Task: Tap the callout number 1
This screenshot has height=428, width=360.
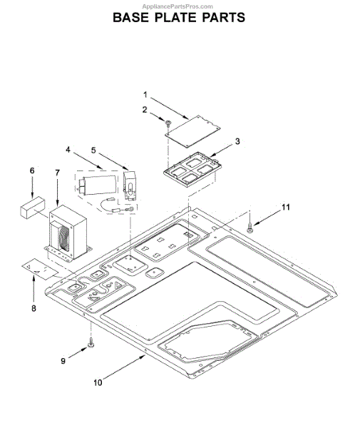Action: coord(145,95)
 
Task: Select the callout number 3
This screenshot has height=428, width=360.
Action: coord(237,141)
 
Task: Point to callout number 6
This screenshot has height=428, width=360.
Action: coord(32,170)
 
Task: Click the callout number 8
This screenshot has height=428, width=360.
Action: coord(34,308)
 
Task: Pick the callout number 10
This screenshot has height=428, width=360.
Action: coord(98,382)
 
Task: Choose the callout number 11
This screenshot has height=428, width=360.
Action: coord(286,208)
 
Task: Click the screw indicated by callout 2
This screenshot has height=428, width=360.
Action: coord(168,124)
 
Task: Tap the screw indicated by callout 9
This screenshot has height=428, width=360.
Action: coord(91,343)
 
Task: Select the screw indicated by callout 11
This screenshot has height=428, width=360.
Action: coord(250,228)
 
